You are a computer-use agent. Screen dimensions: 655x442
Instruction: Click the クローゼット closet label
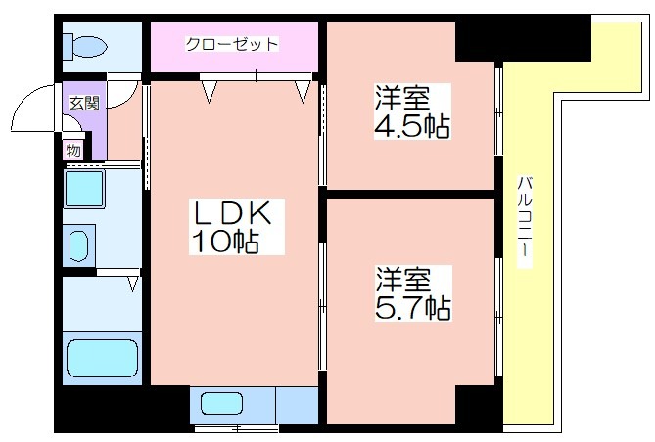232,44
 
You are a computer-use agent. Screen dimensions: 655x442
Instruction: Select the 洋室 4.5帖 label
412,111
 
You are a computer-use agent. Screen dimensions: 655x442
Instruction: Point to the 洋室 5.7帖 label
413,293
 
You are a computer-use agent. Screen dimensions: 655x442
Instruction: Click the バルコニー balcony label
524,222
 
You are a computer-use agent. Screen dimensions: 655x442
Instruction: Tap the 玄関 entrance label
84,103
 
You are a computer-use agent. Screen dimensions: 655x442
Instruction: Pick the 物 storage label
73,151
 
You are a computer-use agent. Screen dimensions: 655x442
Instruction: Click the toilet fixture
85,46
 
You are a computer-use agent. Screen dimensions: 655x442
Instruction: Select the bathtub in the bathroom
103,358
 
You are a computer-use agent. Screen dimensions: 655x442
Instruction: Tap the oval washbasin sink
78,245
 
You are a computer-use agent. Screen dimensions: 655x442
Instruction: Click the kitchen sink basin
221,404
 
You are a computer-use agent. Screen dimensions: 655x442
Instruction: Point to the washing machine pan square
84,188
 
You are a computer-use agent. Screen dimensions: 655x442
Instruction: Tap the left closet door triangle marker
210,91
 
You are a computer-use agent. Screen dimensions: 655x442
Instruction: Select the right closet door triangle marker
303,91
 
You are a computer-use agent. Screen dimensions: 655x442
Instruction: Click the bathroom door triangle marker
133,284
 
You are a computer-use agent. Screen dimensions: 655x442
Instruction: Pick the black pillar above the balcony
523,38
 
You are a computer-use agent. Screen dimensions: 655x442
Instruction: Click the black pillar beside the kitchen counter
122,408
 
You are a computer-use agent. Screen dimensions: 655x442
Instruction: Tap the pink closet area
234,47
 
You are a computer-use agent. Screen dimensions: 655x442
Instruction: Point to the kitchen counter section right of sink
297,405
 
